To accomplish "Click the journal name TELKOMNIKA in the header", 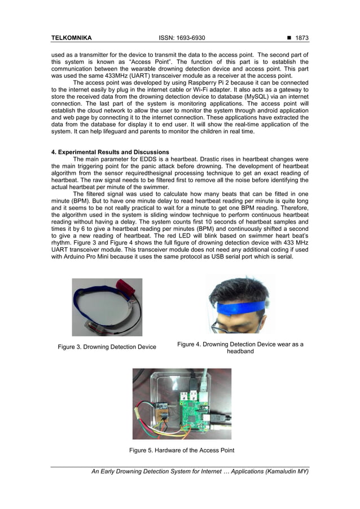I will (71, 38).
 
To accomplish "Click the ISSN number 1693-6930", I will (182, 38).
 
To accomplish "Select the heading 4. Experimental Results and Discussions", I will (110, 152).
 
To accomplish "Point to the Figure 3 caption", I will (107, 346).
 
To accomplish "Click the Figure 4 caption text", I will (240, 348).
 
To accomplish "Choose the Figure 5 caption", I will (182, 450).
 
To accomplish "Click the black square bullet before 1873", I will (289, 38).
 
